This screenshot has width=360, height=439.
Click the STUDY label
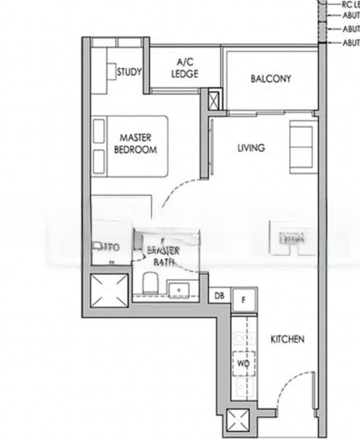point(130,72)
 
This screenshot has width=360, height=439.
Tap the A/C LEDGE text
point(185,68)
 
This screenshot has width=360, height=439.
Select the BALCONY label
point(271,79)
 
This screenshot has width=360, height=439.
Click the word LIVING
point(251,148)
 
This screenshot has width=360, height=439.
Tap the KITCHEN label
point(288,339)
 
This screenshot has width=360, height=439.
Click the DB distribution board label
point(219,296)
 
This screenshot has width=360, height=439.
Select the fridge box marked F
point(243,297)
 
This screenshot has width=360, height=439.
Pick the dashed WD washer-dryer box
point(243,362)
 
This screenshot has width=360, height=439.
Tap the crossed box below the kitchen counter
point(239,422)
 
